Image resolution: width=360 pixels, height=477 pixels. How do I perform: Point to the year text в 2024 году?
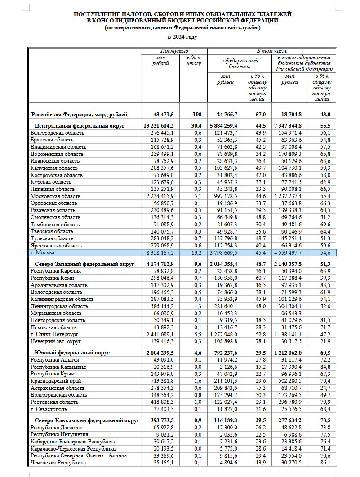182,37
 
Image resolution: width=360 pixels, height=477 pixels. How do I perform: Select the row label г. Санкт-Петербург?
54,335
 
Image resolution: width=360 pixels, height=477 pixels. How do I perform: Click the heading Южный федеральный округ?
72,353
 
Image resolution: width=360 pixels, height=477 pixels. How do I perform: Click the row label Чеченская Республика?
58,462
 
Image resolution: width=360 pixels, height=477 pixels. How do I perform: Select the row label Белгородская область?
57,133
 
